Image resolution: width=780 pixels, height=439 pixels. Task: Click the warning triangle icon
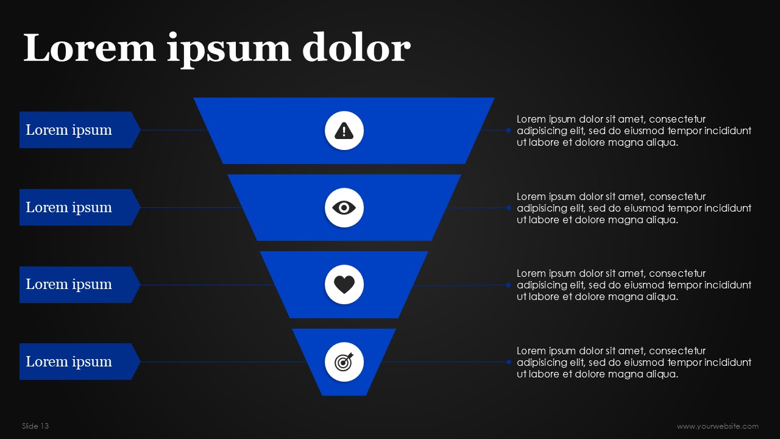pyautogui.click(x=344, y=130)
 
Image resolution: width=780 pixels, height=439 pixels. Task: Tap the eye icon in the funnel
pyautogui.click(x=344, y=208)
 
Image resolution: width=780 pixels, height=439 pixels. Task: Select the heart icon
pyautogui.click(x=344, y=285)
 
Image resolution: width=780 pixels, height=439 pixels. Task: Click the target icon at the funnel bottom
pyautogui.click(x=344, y=362)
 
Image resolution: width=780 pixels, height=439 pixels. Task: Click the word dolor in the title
pyautogui.click(x=356, y=49)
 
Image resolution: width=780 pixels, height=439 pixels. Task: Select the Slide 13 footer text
pyautogui.click(x=35, y=426)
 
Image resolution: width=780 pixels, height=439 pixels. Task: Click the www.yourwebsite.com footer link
pyautogui.click(x=717, y=426)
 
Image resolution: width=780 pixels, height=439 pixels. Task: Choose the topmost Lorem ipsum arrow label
pyautogui.click(x=69, y=130)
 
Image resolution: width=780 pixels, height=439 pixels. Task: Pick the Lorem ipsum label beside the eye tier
pyautogui.click(x=69, y=207)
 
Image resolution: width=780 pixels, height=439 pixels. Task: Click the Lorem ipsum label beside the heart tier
pyautogui.click(x=69, y=284)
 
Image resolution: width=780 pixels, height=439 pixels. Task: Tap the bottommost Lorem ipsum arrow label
pyautogui.click(x=69, y=362)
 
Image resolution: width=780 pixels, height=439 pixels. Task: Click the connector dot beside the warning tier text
pyautogui.click(x=508, y=130)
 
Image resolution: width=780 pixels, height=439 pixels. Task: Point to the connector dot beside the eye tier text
pyautogui.click(x=508, y=207)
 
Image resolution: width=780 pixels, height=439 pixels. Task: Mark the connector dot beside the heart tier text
pyautogui.click(x=508, y=285)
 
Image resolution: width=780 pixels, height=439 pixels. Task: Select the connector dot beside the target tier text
pyautogui.click(x=508, y=362)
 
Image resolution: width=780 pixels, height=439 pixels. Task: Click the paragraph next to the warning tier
pyautogui.click(x=634, y=130)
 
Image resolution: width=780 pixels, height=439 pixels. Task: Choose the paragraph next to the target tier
pyautogui.click(x=634, y=362)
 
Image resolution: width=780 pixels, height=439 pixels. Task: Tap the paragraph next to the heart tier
pyautogui.click(x=634, y=285)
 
